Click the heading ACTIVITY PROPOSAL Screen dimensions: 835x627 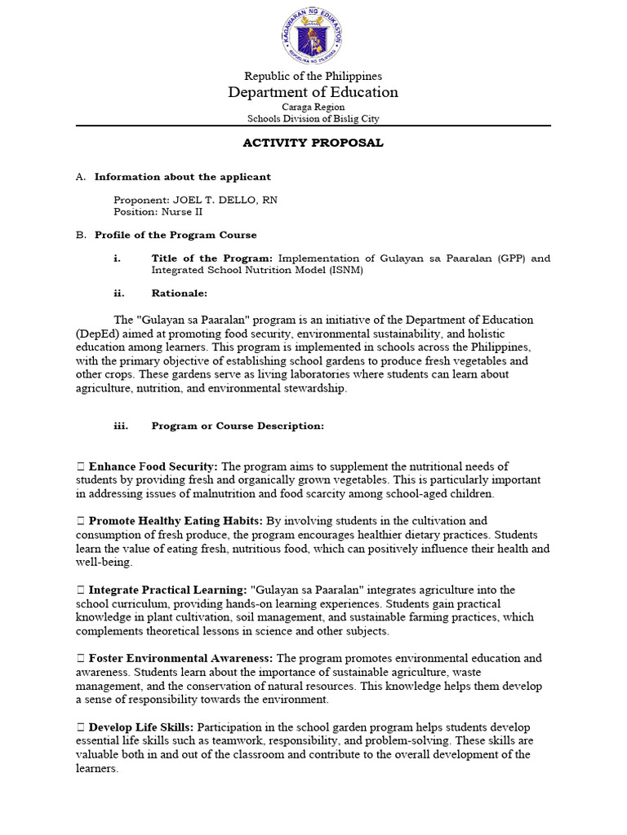pos(313,143)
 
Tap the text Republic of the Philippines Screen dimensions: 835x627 pos(313,76)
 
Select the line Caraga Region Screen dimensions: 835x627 pos(313,107)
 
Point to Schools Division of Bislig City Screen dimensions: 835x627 pos(313,118)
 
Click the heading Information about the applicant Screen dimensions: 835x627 pos(183,177)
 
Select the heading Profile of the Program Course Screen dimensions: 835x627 pos(176,235)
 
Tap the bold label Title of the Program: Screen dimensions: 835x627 pos(213,258)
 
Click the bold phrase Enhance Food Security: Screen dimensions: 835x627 pos(153,466)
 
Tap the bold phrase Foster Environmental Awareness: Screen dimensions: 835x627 pos(181,658)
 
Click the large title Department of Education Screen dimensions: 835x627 pos(313,92)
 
